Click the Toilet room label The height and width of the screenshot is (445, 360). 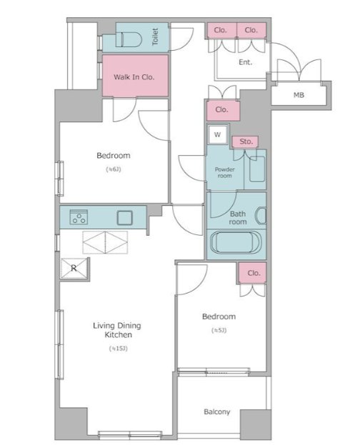pos(155,36)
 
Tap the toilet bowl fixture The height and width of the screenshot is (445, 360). pos(129,39)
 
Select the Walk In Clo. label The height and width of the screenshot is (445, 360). pos(134,77)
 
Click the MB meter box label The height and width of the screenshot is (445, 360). pos(299,95)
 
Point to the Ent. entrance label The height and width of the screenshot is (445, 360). pos(246,62)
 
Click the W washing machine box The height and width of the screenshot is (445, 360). pos(217,134)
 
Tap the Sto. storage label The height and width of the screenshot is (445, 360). pos(246,141)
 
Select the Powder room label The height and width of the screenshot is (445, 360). pos(224,173)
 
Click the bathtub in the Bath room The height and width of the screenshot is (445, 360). pos(236,242)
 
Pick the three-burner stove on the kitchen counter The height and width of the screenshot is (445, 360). pos(79,217)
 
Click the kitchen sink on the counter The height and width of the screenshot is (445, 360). pos(124,218)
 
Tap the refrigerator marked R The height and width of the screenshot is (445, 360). pos(74,268)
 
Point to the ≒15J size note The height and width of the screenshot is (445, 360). pos(119,349)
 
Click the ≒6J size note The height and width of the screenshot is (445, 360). pos(114,169)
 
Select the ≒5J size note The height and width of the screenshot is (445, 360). pos(219,330)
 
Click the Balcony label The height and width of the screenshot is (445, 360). pos(217,412)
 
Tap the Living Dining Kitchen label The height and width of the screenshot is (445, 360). pos(117,330)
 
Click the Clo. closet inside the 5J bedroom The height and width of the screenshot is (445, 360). pos(252,273)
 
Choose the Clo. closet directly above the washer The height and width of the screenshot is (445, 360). pos(223,110)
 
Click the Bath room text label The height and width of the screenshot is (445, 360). pos(238,218)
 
